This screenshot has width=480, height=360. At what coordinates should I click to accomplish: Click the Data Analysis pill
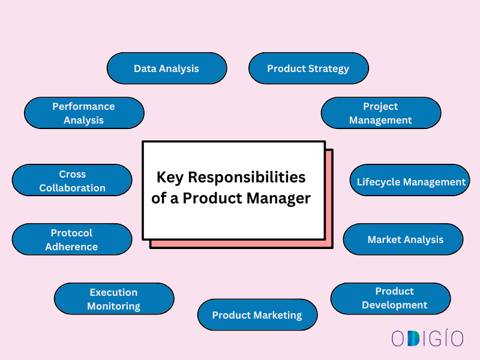point(167,68)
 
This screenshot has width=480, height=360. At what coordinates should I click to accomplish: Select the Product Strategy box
point(308,68)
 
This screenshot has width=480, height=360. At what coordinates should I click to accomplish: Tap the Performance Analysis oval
point(84,113)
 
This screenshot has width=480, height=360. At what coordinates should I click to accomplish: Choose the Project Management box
point(380,113)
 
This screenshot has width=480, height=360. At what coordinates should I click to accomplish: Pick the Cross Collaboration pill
point(72,181)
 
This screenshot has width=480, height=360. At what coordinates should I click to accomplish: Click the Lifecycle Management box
point(410,181)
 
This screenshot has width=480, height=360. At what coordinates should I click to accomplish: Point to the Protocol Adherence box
point(72,239)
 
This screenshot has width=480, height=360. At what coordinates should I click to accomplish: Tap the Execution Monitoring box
point(114,299)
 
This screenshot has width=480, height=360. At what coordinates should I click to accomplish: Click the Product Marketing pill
point(257,315)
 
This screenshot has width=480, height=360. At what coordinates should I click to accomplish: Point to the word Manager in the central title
point(280,198)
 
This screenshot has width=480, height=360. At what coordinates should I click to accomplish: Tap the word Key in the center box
point(169,177)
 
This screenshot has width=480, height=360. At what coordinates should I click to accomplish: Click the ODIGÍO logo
point(427,338)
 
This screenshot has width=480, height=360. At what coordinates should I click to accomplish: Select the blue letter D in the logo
point(413,338)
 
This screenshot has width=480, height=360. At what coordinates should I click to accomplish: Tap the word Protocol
point(71,233)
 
